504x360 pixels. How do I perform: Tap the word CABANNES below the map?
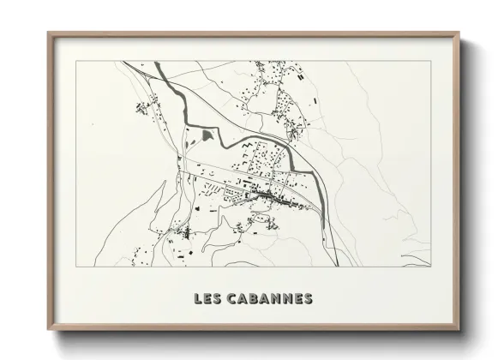269,299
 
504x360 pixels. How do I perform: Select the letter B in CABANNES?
255,299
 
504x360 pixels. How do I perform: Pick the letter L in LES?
198,299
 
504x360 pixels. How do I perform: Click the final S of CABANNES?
308,299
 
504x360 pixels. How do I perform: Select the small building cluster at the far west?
140,108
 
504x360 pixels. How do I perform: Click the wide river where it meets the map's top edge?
156,64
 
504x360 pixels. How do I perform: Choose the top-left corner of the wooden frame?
49,33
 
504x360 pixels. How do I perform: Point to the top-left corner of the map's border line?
77,61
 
